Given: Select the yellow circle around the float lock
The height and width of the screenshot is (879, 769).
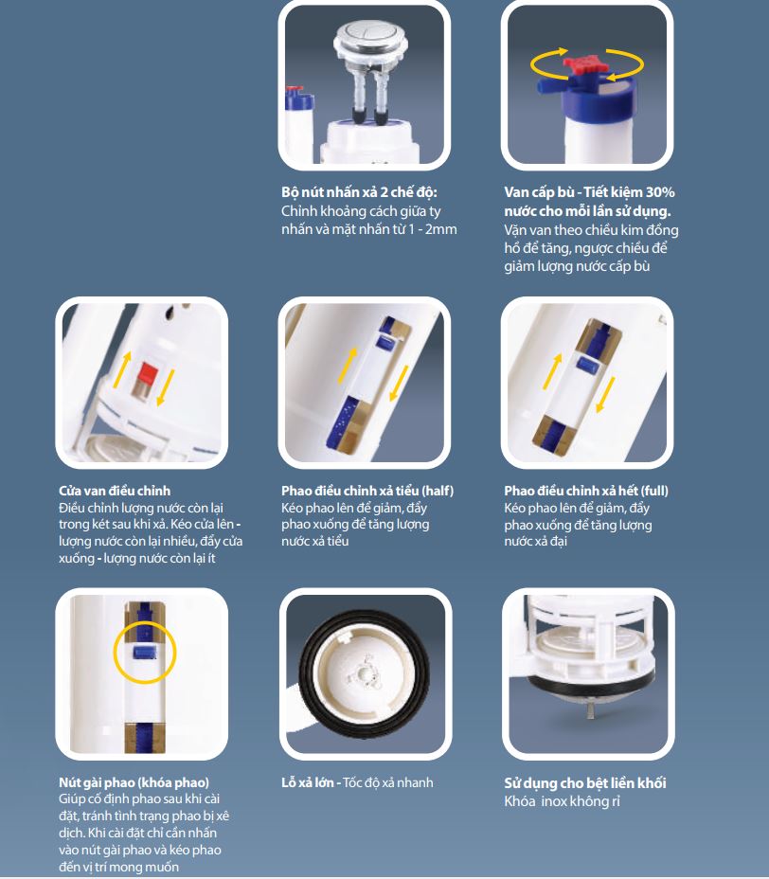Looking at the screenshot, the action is tap(145, 652).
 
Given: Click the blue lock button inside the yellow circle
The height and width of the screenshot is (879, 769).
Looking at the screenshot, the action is tap(145, 652).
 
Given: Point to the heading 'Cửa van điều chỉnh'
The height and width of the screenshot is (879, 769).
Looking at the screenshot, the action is tap(115, 491).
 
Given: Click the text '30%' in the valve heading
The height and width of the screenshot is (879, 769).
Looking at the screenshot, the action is tap(660, 192).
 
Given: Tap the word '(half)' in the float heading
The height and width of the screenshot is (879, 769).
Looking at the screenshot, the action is tap(438, 491).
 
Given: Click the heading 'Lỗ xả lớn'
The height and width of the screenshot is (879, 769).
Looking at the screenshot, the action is tap(308, 782).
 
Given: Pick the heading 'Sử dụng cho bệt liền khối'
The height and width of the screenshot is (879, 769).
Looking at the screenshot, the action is tap(585, 783).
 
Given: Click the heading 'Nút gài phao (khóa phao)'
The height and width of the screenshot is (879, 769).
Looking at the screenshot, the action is tap(134, 782).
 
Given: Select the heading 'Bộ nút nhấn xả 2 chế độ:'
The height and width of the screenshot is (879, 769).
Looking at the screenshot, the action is tap(359, 192).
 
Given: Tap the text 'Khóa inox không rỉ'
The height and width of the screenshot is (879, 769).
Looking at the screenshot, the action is tap(563, 801).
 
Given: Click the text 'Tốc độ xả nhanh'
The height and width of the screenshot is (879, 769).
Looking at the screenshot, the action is tap(388, 782).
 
